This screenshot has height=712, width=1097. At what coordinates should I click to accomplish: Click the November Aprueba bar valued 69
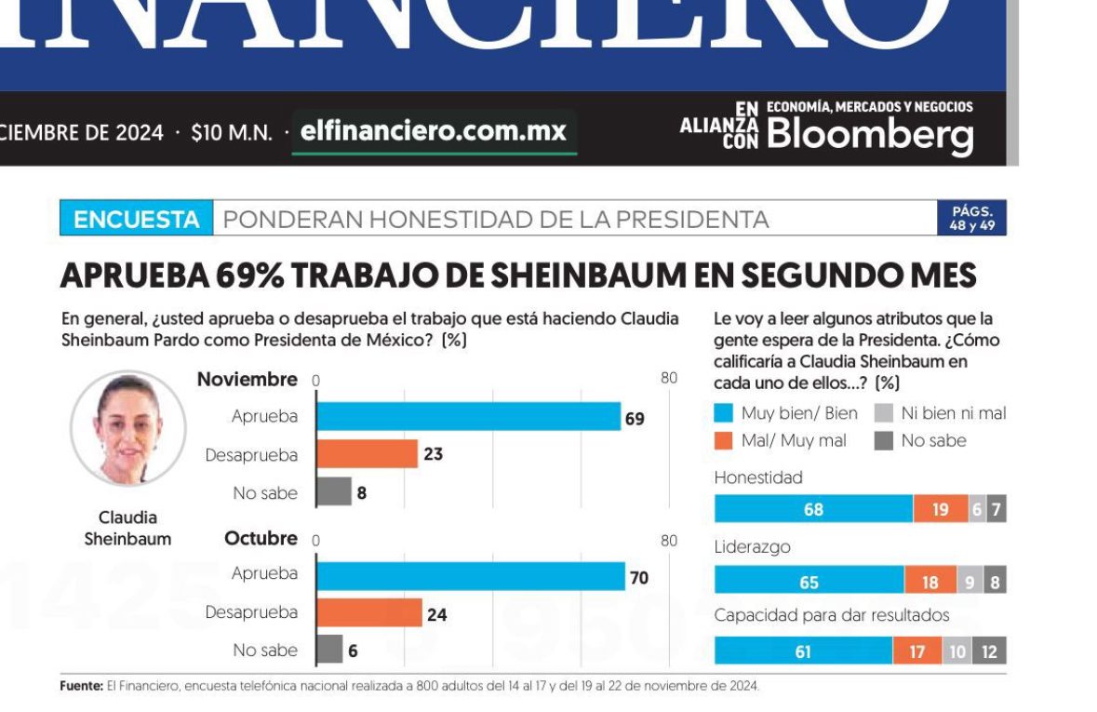(468, 416)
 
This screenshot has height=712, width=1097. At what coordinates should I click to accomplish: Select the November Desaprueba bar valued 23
(367, 454)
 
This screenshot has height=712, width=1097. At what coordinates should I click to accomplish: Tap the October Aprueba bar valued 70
(470, 577)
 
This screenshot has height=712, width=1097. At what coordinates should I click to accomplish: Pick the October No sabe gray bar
(329, 650)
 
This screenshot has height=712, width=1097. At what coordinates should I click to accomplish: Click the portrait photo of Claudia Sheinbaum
(128, 428)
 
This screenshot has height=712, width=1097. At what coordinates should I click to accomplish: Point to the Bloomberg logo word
(870, 135)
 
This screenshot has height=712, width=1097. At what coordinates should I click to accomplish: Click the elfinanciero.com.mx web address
(435, 131)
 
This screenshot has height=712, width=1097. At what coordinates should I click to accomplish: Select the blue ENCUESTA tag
(137, 220)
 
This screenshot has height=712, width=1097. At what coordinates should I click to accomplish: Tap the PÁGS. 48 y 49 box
(972, 218)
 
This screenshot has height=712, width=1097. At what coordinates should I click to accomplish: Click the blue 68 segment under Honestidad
(813, 509)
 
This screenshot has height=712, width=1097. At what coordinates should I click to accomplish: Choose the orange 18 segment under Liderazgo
(930, 582)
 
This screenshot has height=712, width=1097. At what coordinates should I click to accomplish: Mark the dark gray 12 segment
(989, 652)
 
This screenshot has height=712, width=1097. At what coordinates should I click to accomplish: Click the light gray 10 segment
(957, 652)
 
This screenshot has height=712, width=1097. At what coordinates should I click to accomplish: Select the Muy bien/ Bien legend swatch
(726, 414)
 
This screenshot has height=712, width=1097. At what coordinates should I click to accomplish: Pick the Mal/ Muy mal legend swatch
(726, 441)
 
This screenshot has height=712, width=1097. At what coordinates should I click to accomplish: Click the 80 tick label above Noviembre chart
(668, 379)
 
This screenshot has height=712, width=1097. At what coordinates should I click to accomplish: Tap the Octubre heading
(261, 539)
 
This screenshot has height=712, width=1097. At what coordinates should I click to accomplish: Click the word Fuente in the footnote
(81, 686)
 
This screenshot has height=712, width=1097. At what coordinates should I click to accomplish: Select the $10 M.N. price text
(232, 133)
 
